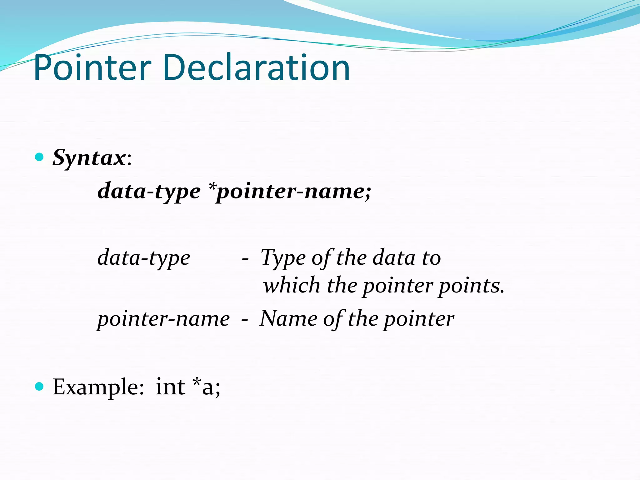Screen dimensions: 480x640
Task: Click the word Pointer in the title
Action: point(92,68)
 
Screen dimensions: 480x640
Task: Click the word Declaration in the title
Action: point(256,67)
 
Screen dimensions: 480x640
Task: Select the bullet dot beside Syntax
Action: point(39,157)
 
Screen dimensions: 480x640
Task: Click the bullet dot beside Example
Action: point(39,387)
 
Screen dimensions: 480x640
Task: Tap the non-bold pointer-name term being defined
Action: point(163,319)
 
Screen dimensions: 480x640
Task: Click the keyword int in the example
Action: point(171,387)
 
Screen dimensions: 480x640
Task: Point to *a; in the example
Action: point(207,387)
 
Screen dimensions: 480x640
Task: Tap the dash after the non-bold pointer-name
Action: point(245,320)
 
